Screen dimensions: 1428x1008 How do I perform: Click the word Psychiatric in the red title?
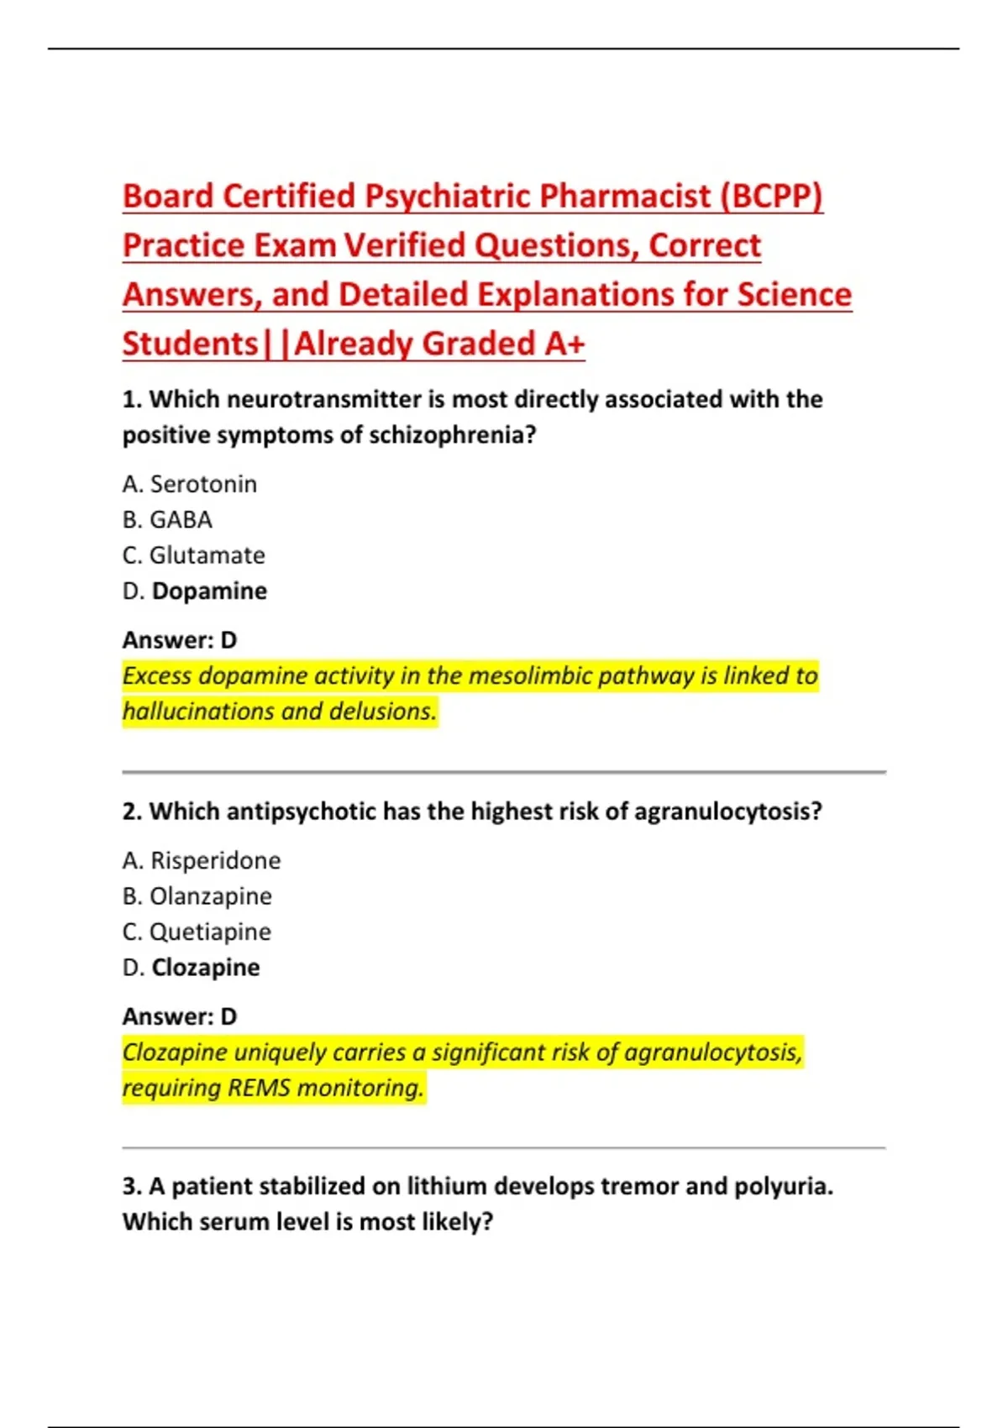pos(449,197)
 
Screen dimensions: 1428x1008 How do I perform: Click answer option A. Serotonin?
pos(190,484)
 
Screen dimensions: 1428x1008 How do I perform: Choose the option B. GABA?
pos(167,520)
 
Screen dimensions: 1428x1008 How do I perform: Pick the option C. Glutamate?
pos(194,555)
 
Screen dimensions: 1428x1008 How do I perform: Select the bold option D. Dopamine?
pos(195,591)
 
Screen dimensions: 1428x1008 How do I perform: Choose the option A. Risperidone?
pos(202,860)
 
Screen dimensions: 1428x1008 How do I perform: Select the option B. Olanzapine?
pos(197,896)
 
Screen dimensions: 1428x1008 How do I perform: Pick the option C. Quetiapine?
pos(197,932)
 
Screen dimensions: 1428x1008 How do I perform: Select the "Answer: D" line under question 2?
pos(180,1016)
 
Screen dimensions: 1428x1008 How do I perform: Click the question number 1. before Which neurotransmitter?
pos(132,399)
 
